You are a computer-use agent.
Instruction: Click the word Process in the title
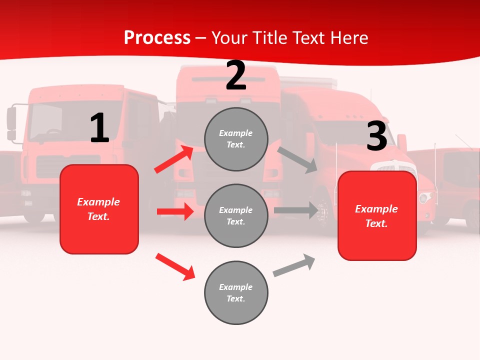point(157,38)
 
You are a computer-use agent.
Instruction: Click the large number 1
point(99,128)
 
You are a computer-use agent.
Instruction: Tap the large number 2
point(236,75)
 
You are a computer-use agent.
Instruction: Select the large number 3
point(376,136)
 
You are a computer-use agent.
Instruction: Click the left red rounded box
point(99,209)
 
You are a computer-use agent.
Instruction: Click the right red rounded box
point(377,216)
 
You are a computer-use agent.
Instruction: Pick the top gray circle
point(236,139)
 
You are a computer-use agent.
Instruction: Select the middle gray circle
point(236,215)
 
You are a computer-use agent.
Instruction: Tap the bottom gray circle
point(236,292)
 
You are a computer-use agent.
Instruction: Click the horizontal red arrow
point(175,211)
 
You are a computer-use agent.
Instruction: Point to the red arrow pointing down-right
point(175,266)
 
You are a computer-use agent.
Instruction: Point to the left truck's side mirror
point(11,122)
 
